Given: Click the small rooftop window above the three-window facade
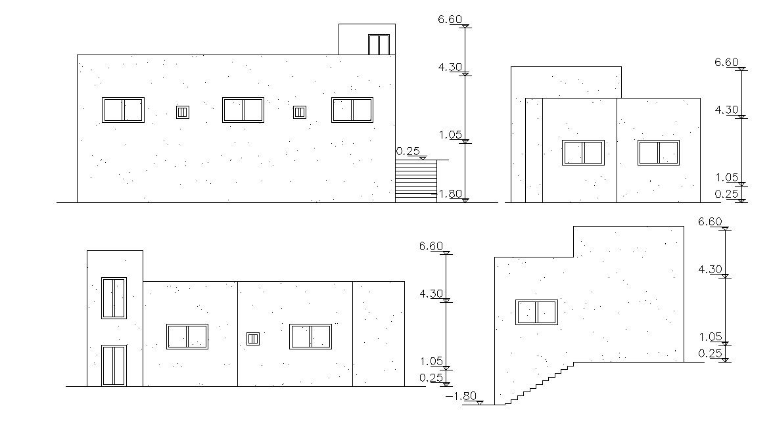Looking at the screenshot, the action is click(x=379, y=45).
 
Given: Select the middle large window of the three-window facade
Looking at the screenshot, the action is click(x=243, y=110).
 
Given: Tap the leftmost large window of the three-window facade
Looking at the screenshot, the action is click(x=123, y=110).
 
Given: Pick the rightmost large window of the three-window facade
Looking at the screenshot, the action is click(x=352, y=110).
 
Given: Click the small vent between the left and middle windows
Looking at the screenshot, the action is click(x=183, y=112).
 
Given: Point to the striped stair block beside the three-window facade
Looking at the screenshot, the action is click(x=415, y=181).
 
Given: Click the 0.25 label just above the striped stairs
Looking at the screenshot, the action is click(x=408, y=152).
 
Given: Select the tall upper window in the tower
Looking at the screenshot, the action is click(x=114, y=298).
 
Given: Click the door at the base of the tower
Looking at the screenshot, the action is click(x=114, y=365).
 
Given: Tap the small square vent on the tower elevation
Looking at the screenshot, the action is click(x=253, y=339).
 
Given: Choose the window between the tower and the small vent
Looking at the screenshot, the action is click(x=187, y=336).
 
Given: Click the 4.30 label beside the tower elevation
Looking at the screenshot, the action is click(x=431, y=294).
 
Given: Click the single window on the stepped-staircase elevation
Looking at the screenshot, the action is click(x=536, y=312).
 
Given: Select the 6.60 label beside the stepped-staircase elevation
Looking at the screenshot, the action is click(x=711, y=221).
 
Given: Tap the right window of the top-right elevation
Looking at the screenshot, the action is click(x=658, y=152).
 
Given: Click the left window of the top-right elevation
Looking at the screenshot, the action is click(x=583, y=152).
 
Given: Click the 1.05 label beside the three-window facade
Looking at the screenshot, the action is click(x=451, y=135).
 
